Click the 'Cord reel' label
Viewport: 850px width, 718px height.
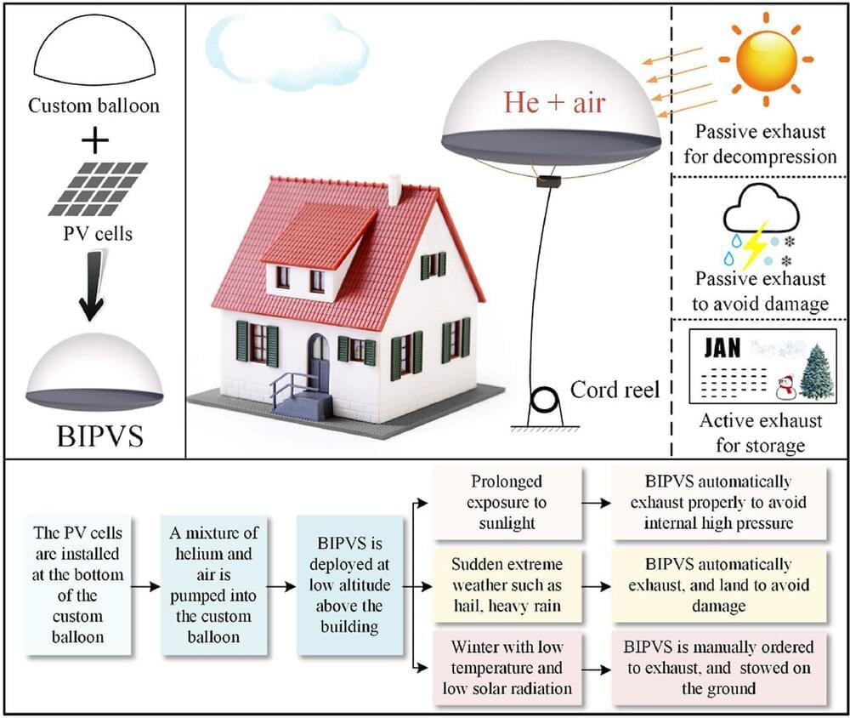(x=615, y=390)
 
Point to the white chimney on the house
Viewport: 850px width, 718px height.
(x=394, y=190)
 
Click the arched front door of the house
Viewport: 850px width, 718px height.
(x=318, y=362)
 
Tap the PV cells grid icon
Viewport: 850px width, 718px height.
(x=98, y=188)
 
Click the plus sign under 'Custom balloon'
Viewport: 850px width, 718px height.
(x=94, y=136)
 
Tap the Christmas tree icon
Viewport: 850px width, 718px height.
(x=817, y=372)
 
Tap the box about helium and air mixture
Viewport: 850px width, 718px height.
(x=213, y=585)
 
